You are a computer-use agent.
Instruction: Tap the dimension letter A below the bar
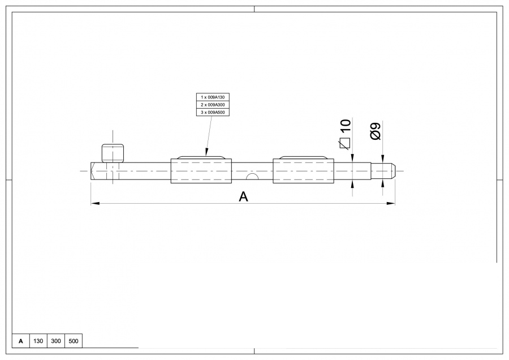(243, 196)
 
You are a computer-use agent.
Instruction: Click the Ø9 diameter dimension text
(374, 131)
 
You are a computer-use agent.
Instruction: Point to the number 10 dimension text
(346, 126)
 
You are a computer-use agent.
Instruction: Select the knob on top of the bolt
(113, 153)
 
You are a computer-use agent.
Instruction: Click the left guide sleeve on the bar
(201, 170)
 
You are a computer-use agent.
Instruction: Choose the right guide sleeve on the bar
(303, 170)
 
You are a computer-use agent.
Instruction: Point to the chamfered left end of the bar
(93, 171)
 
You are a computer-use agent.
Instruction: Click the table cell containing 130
(38, 341)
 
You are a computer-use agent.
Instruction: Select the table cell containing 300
(56, 341)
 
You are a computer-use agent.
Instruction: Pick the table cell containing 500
(74, 341)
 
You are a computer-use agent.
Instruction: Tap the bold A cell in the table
(21, 341)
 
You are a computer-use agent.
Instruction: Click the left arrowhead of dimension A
(94, 203)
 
